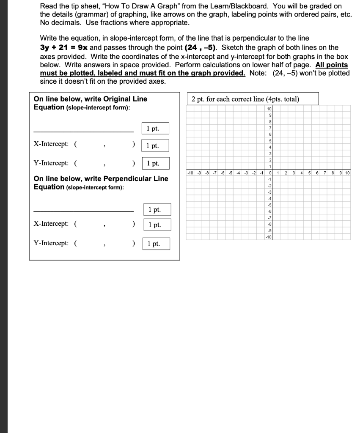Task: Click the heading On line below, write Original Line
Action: (91, 99)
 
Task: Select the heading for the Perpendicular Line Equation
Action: (101, 178)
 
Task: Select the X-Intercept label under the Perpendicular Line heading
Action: (51, 224)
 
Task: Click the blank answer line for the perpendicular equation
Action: (83, 211)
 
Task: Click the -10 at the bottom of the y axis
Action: (268, 237)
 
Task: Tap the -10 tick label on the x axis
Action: (190, 173)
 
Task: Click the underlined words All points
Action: (332, 65)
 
